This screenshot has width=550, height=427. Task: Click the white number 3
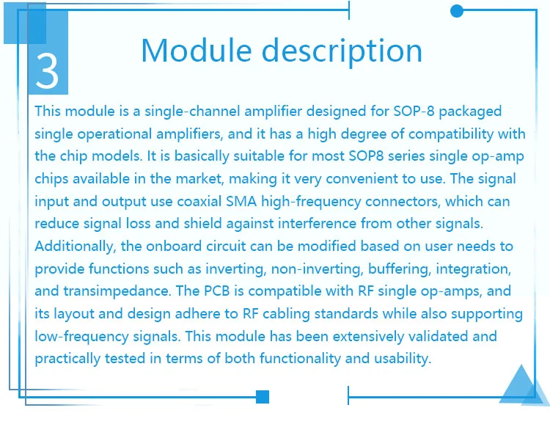(x=47, y=71)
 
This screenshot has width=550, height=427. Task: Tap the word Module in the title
(x=197, y=51)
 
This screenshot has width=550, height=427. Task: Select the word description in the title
(x=342, y=53)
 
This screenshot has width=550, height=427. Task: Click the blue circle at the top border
(x=457, y=11)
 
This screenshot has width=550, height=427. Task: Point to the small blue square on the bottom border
(x=263, y=397)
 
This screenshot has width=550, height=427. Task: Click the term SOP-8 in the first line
(x=414, y=112)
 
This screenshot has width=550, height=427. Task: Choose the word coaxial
(x=199, y=202)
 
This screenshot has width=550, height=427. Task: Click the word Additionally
(x=76, y=247)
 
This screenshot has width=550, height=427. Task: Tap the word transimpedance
(x=117, y=291)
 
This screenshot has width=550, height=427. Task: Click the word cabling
(x=286, y=314)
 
